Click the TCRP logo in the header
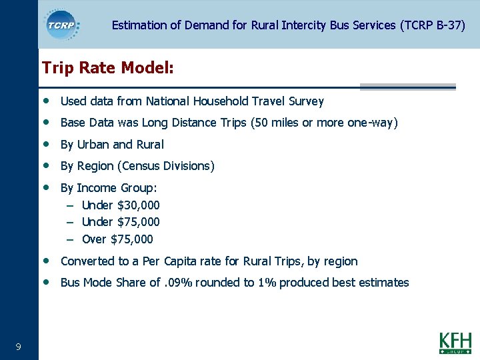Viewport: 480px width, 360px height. coord(62,25)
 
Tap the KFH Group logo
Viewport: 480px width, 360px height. coord(455,343)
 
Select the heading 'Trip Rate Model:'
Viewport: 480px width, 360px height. coord(108,68)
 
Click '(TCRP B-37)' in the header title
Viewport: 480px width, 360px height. coord(432,25)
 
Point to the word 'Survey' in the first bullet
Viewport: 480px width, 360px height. coord(306,101)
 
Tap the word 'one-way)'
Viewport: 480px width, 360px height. coord(375,123)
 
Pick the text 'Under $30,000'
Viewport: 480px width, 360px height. coord(121,205)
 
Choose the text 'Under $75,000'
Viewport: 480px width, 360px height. coord(121,222)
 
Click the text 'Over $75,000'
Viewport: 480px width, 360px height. coord(117,239)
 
